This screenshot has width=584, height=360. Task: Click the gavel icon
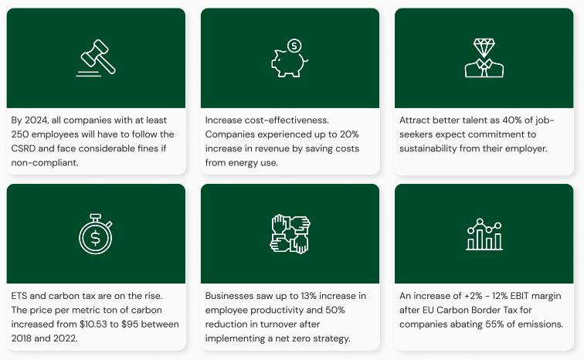[x=96, y=59]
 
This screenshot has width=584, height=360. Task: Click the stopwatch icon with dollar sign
[x=96, y=234]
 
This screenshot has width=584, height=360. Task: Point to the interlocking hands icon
[x=290, y=234]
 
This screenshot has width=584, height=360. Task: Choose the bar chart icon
[x=484, y=234]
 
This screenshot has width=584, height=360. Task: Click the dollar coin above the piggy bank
[x=294, y=46]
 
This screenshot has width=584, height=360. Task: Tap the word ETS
[x=20, y=296]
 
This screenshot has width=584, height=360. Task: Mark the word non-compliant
[x=44, y=162]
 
